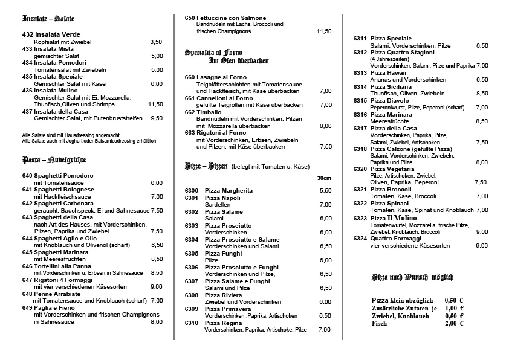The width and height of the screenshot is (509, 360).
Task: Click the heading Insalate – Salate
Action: tap(48, 19)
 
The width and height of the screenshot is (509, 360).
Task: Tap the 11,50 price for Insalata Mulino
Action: tap(155, 104)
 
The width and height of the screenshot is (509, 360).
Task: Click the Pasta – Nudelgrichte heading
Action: tap(54, 160)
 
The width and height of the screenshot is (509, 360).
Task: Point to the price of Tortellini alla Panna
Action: tap(156, 273)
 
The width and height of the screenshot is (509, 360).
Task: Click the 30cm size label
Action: tap(324, 178)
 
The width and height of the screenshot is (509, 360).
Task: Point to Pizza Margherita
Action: tap(229, 191)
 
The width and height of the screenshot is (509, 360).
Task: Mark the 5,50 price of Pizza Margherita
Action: tap(325, 191)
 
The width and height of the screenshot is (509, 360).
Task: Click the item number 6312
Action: tap(360, 53)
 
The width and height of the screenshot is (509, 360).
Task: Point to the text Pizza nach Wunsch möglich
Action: tap(412, 277)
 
